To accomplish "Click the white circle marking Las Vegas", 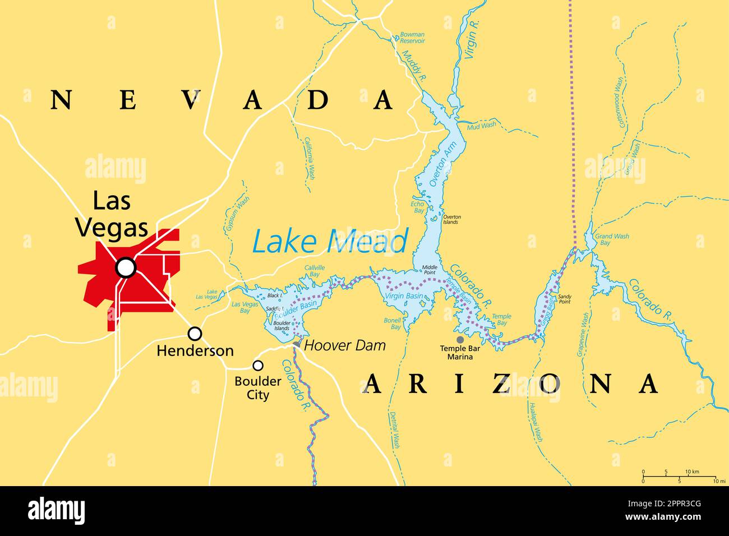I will tap(126, 268).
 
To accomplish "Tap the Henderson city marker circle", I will tap(195, 334).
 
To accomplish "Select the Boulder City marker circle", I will tap(258, 366).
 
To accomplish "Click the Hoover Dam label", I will tap(344, 345).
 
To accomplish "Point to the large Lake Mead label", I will tap(330, 242).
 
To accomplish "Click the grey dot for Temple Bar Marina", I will tap(460, 339).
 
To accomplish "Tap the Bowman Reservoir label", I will tap(412, 38).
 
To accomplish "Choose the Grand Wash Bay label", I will tap(611, 239).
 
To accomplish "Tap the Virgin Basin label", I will tap(404, 295).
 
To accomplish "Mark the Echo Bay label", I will tap(418, 207).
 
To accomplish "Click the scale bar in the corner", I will tap(679, 476).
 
